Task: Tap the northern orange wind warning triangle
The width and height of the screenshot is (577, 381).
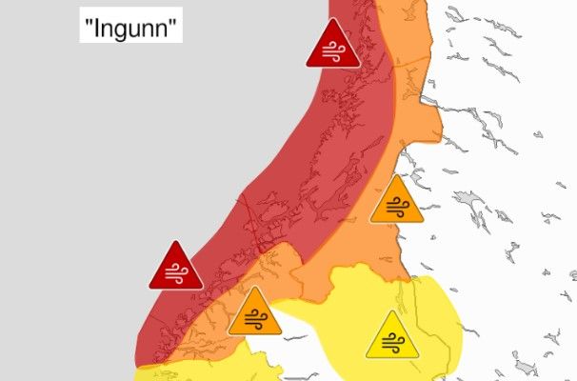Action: [x=396, y=202]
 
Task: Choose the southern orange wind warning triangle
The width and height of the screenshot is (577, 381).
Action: [x=254, y=314]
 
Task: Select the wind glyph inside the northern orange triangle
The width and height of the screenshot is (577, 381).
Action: [x=396, y=208]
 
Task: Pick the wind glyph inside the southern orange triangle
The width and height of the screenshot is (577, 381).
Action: [x=254, y=320]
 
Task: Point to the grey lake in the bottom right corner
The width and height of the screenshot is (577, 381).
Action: [x=523, y=364]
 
